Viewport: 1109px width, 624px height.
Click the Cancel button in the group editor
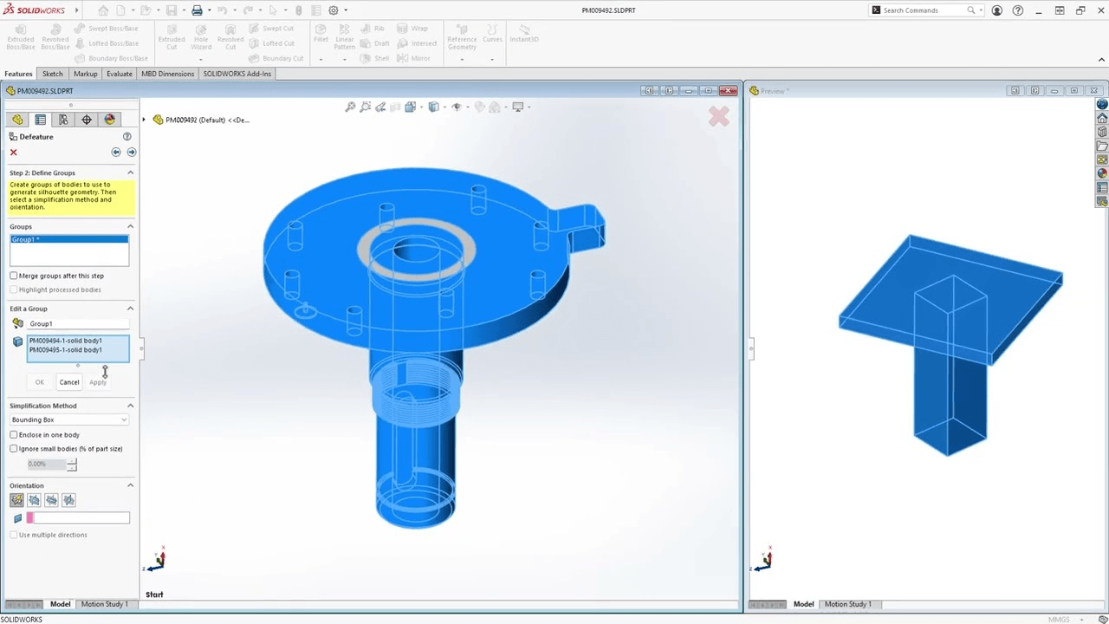pos(69,382)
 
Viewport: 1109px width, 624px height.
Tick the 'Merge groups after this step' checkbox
pos(14,276)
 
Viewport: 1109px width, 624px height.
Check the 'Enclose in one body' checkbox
pos(14,435)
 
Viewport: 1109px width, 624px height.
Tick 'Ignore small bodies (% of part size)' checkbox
pos(14,449)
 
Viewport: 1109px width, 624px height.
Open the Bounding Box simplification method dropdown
pos(69,419)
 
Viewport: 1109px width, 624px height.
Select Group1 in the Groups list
pos(68,239)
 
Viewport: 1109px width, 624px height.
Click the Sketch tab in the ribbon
pos(52,74)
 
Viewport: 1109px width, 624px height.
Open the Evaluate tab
pos(120,74)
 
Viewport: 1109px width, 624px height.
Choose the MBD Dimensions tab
pos(167,74)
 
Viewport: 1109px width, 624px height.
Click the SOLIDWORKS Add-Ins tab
pos(237,74)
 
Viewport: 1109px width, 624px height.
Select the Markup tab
pos(85,74)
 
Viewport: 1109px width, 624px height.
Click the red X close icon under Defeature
pos(13,153)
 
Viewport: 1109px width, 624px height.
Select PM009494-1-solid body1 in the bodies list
pos(66,341)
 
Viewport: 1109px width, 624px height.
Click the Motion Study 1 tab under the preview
pos(847,604)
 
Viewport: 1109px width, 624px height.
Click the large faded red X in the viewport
pos(718,116)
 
